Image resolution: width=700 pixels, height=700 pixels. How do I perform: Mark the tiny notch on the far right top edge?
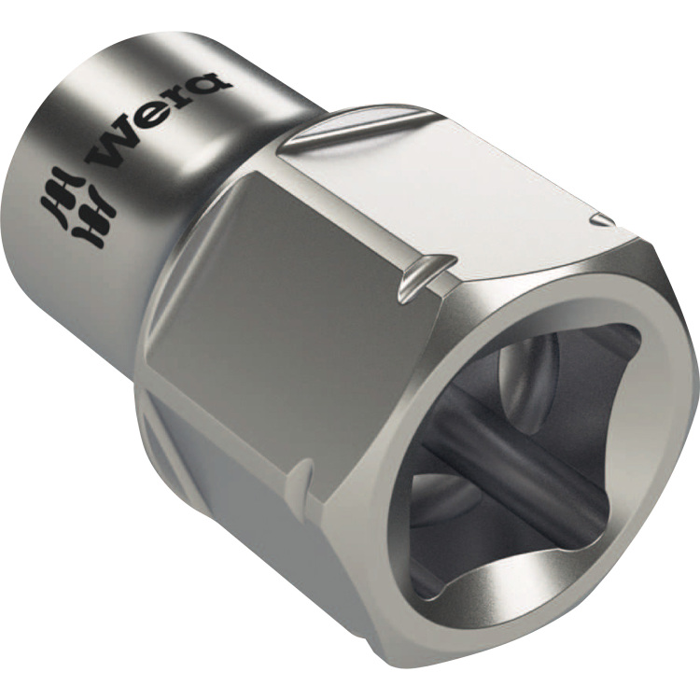[x=603, y=220]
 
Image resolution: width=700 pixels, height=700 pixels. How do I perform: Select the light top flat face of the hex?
[x=448, y=187]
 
